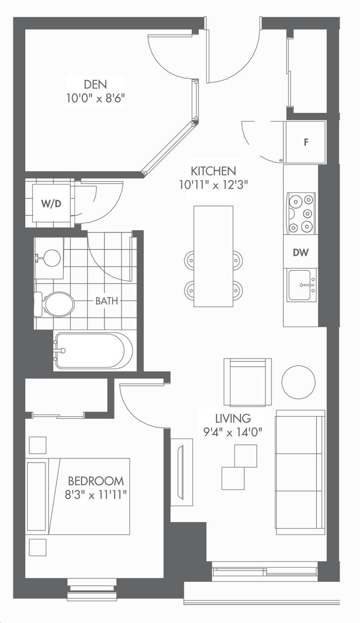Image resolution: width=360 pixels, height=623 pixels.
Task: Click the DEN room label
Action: (95, 84)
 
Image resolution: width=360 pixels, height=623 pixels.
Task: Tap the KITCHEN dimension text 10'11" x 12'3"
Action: (214, 185)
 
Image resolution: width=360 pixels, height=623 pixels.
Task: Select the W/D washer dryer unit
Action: (51, 203)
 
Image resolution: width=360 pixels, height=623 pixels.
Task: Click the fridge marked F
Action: (305, 142)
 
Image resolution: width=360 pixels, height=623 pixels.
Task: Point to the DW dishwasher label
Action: (301, 252)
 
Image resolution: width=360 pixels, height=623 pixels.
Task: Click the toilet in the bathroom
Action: (54, 304)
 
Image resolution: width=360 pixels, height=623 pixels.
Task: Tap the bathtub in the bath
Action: (93, 351)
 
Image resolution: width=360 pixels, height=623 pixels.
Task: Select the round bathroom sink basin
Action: (52, 258)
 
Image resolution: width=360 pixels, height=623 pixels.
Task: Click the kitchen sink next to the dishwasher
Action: (302, 285)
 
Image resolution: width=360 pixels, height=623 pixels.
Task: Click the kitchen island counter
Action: (214, 256)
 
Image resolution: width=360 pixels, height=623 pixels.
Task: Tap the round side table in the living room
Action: (299, 382)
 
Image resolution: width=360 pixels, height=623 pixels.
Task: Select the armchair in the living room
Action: (248, 382)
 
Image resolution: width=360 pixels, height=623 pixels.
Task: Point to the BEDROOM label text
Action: (96, 481)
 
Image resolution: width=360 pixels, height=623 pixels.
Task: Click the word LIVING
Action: (233, 418)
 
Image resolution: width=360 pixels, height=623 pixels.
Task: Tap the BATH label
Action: (106, 301)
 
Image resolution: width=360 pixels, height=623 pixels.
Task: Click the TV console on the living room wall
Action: (181, 472)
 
